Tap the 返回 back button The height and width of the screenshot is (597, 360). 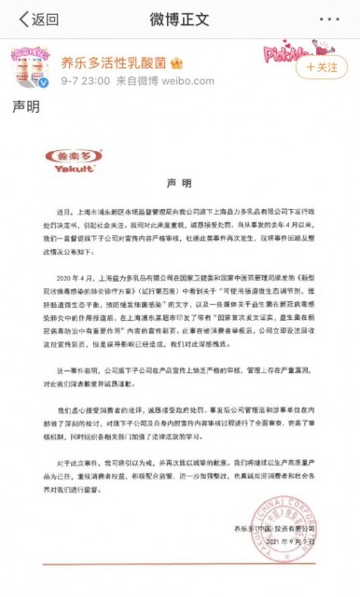pyautogui.click(x=34, y=18)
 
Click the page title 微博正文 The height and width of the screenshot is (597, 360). pyautogui.click(x=180, y=18)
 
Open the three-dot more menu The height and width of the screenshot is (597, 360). pyautogui.click(x=332, y=18)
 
